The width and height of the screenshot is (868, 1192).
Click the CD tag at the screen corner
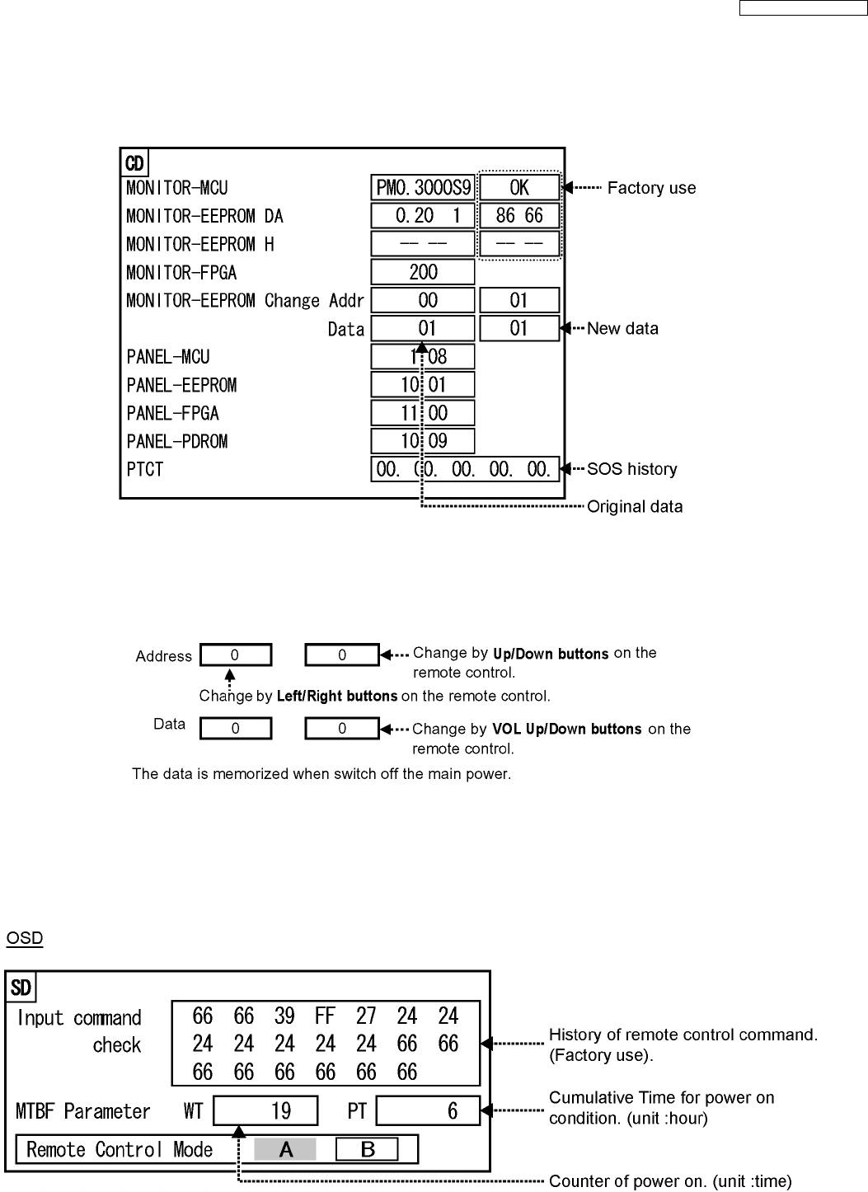click(134, 163)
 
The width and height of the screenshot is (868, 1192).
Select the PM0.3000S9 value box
click(423, 188)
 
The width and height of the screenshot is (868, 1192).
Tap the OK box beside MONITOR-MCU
click(519, 188)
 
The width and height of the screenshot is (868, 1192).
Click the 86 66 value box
click(519, 216)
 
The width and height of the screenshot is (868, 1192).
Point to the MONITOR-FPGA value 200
click(423, 272)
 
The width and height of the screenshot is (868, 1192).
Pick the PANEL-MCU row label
click(168, 357)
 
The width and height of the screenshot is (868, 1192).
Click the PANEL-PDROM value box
click(423, 441)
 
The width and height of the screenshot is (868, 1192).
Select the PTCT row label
click(145, 469)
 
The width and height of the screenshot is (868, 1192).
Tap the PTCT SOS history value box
click(465, 469)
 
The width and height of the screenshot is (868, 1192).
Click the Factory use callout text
click(651, 188)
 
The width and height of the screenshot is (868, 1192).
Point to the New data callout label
click(622, 329)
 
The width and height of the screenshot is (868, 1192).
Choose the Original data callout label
click(635, 506)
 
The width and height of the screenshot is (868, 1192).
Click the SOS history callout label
click(631, 469)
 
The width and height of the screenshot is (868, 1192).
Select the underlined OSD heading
click(25, 938)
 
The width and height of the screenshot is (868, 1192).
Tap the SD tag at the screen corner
click(21, 987)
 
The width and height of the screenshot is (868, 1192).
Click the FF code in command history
click(326, 1016)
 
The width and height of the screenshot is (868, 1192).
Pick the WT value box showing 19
click(265, 1111)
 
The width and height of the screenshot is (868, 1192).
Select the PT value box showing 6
click(428, 1111)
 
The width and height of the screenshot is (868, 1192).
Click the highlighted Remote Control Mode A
click(285, 1149)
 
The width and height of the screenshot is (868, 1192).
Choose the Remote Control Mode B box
click(367, 1149)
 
